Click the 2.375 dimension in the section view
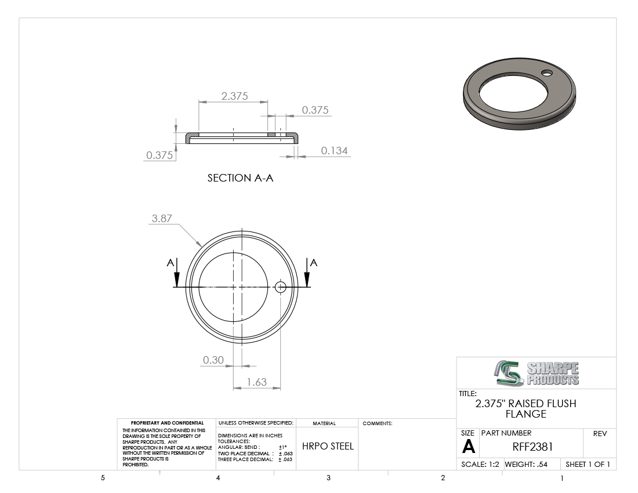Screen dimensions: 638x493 234,96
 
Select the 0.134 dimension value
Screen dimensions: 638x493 335,150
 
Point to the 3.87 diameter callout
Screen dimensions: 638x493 162,219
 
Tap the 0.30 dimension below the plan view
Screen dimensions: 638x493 213,360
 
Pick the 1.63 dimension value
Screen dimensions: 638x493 257,382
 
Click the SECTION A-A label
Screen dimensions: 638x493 241,177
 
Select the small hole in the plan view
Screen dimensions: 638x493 280,287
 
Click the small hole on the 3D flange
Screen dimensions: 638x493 547,73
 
